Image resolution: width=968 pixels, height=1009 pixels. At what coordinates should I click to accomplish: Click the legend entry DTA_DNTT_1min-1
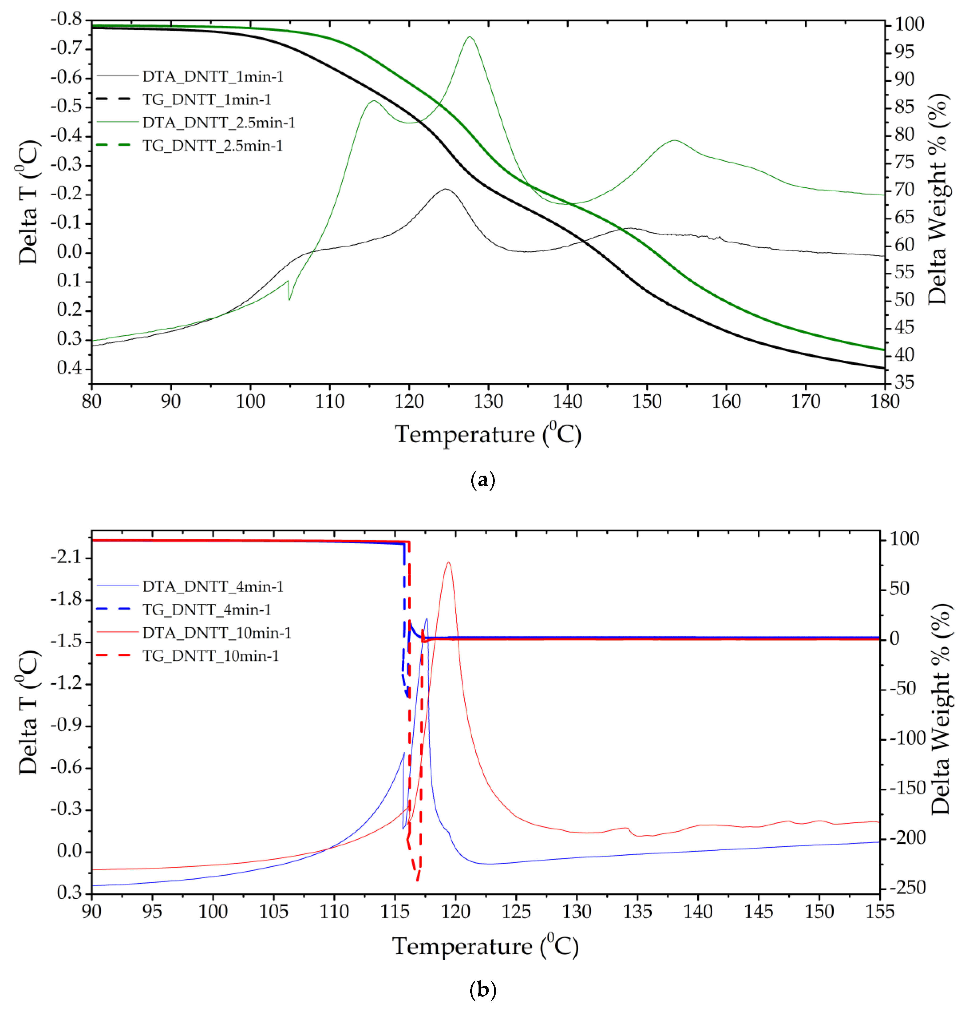(213, 77)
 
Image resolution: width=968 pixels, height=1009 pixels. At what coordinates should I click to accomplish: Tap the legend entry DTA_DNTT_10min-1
(217, 633)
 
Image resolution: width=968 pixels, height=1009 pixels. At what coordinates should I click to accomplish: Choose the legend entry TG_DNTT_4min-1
(206, 609)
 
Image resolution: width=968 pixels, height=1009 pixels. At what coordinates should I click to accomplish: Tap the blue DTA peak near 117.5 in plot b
(426, 619)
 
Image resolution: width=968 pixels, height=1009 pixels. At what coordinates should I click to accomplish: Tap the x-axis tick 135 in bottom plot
(637, 912)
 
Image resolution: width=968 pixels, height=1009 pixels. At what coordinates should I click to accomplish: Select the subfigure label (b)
(483, 990)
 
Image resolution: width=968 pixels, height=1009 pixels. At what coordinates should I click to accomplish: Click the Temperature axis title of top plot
(487, 434)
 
